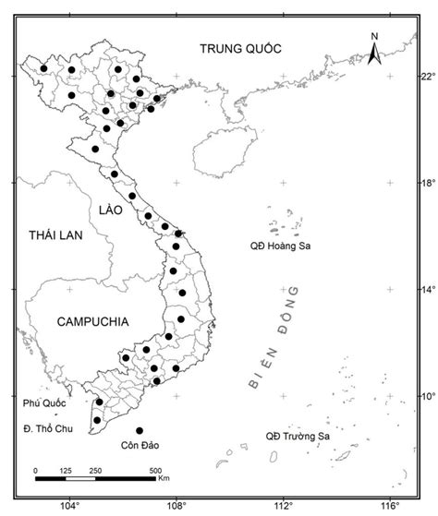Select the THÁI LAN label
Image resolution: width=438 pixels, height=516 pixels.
(x=55, y=236)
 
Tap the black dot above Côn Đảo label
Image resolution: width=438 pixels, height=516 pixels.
(x=140, y=430)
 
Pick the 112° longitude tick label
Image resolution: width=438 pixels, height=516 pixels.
(x=283, y=506)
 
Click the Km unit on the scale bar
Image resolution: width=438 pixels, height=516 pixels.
(x=164, y=479)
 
